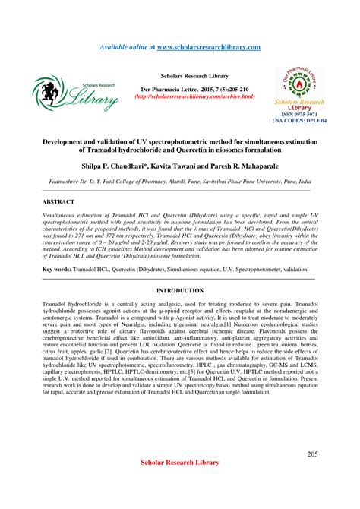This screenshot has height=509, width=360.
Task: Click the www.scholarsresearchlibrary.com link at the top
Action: click(x=208, y=47)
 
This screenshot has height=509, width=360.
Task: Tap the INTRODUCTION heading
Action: click(x=179, y=290)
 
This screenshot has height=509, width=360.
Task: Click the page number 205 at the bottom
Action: click(x=312, y=454)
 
